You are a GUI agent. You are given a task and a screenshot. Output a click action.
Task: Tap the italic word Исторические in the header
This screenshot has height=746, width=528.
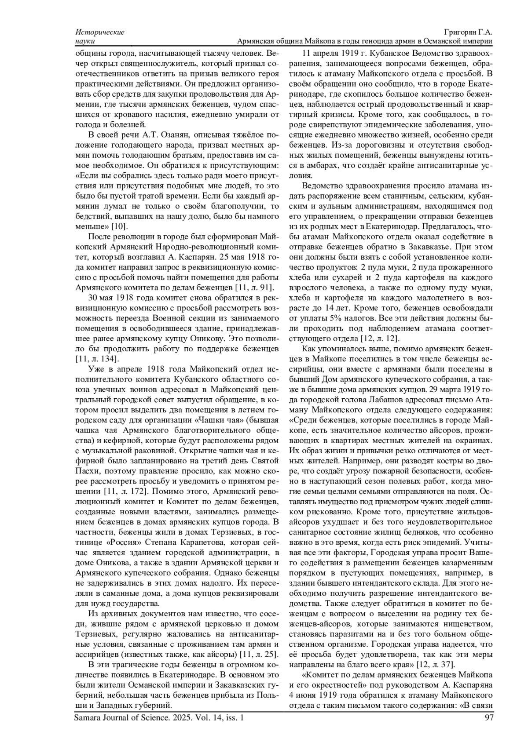(100, 33)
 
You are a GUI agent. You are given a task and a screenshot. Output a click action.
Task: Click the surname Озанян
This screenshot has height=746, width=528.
(164, 135)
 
